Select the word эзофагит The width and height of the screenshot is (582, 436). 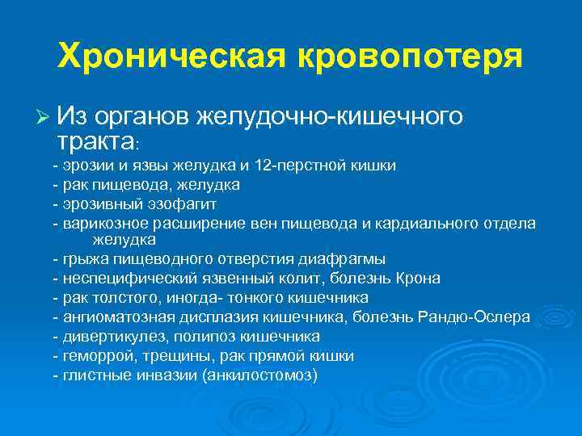tap(186, 203)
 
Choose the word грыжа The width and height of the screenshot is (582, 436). tap(81, 259)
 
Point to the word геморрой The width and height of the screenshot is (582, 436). tap(92, 355)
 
